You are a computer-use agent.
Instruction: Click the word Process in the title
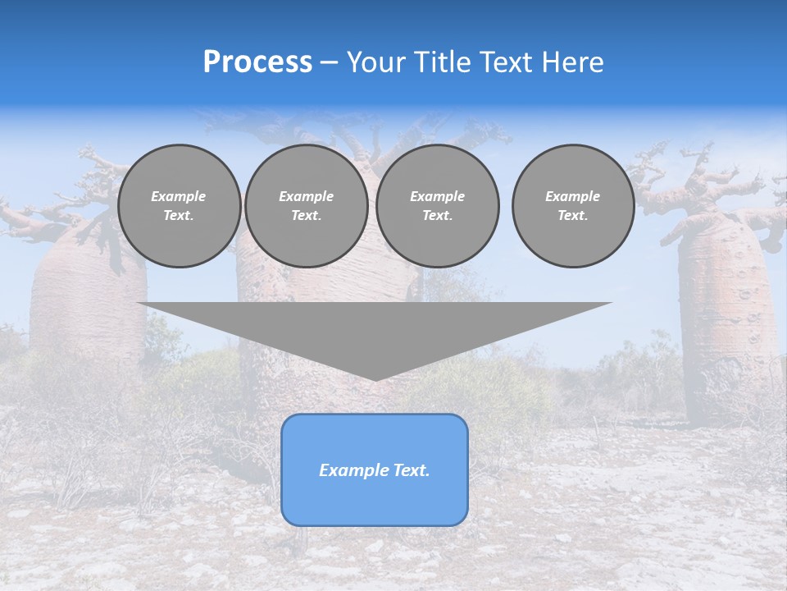[x=257, y=62]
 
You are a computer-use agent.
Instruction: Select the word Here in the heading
[x=574, y=62]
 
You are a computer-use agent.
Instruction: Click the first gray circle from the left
[x=179, y=206]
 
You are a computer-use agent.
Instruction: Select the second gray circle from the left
[x=306, y=206]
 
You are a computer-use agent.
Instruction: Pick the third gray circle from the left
[x=437, y=206]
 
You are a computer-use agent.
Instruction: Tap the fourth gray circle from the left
[x=572, y=206]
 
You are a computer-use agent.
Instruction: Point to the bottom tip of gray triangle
[x=375, y=379]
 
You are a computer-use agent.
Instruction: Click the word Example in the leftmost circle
[x=179, y=196]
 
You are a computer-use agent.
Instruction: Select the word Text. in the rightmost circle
[x=572, y=216]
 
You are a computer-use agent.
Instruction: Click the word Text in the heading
[x=508, y=62]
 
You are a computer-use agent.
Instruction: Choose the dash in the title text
[x=330, y=63]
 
